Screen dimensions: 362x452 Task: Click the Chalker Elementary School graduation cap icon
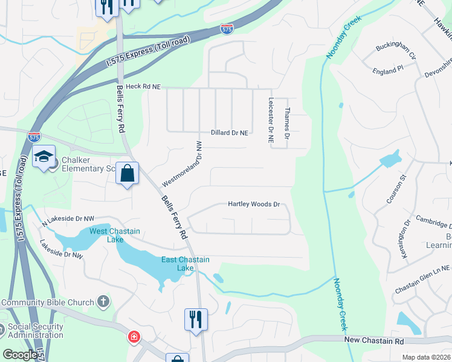[44, 157]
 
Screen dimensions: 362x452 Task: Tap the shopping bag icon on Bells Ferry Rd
[128, 174]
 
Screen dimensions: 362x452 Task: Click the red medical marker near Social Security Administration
[132, 337]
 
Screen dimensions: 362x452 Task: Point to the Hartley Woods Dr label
[254, 205]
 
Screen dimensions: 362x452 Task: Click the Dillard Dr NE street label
[230, 133]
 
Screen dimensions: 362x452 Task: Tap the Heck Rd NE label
[143, 87]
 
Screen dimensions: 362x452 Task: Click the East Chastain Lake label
[186, 264]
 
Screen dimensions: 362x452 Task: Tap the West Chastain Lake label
[115, 235]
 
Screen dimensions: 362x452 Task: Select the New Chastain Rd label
[374, 341]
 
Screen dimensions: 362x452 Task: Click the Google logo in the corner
[19, 355]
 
